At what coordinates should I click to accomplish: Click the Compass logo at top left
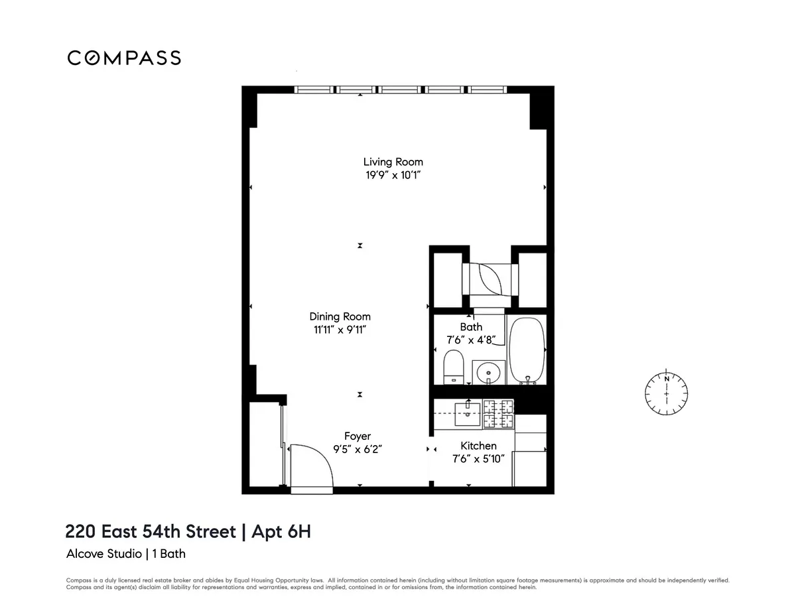point(124,58)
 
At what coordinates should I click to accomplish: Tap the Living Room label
point(393,162)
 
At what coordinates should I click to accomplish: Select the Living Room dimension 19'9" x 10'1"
point(393,176)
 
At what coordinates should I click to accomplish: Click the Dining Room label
point(340,316)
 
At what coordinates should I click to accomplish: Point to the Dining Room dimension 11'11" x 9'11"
point(340,330)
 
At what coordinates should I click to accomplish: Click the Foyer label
point(358,436)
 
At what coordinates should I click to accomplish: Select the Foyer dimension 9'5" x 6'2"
point(358,449)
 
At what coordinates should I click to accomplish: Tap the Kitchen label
point(478,446)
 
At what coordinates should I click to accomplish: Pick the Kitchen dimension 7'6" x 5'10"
point(478,459)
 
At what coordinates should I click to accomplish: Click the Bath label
point(471,326)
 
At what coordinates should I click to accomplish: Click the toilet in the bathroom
point(454,367)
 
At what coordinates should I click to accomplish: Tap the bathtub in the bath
point(527,349)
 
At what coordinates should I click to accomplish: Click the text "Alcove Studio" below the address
point(103,553)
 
